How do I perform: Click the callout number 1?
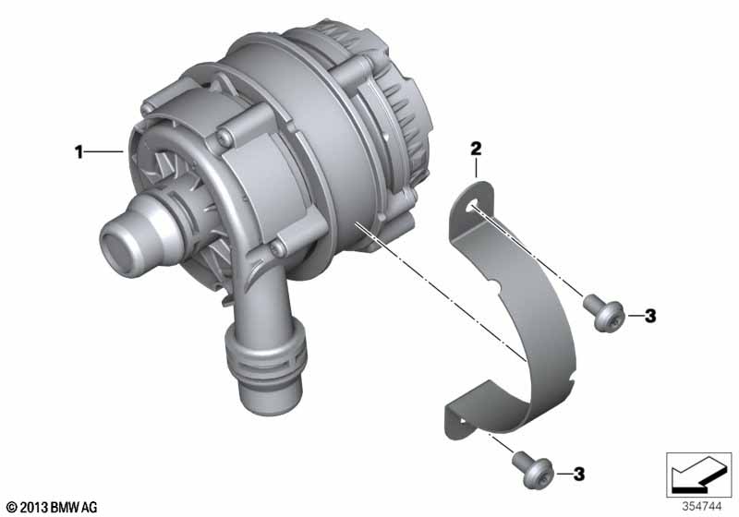coord(79,151)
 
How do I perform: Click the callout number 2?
coord(476,149)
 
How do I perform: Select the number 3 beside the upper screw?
coord(650,316)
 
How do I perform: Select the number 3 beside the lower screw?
coord(579,474)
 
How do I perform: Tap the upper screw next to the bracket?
coord(604,313)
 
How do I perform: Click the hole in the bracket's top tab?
coord(473,207)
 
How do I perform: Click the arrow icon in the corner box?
coord(698,474)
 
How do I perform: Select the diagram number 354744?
coord(702,507)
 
